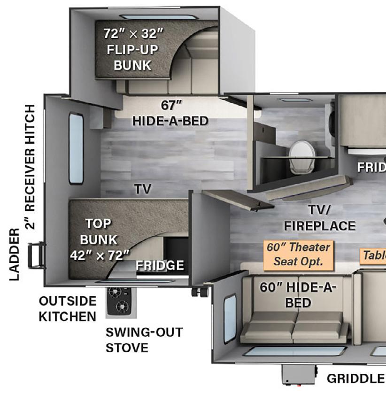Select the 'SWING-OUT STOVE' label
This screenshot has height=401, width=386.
(x=144, y=340)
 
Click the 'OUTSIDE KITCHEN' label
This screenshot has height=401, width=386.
(x=67, y=308)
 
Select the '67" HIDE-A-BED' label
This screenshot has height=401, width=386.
(x=170, y=112)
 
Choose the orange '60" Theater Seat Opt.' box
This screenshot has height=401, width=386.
(x=299, y=254)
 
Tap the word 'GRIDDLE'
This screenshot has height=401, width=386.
(x=355, y=378)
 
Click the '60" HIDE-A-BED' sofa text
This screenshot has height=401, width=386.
(x=298, y=294)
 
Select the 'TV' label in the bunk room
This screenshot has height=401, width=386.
(x=143, y=189)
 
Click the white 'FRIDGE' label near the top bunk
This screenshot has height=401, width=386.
(x=160, y=266)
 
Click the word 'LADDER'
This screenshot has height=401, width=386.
(x=15, y=254)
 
